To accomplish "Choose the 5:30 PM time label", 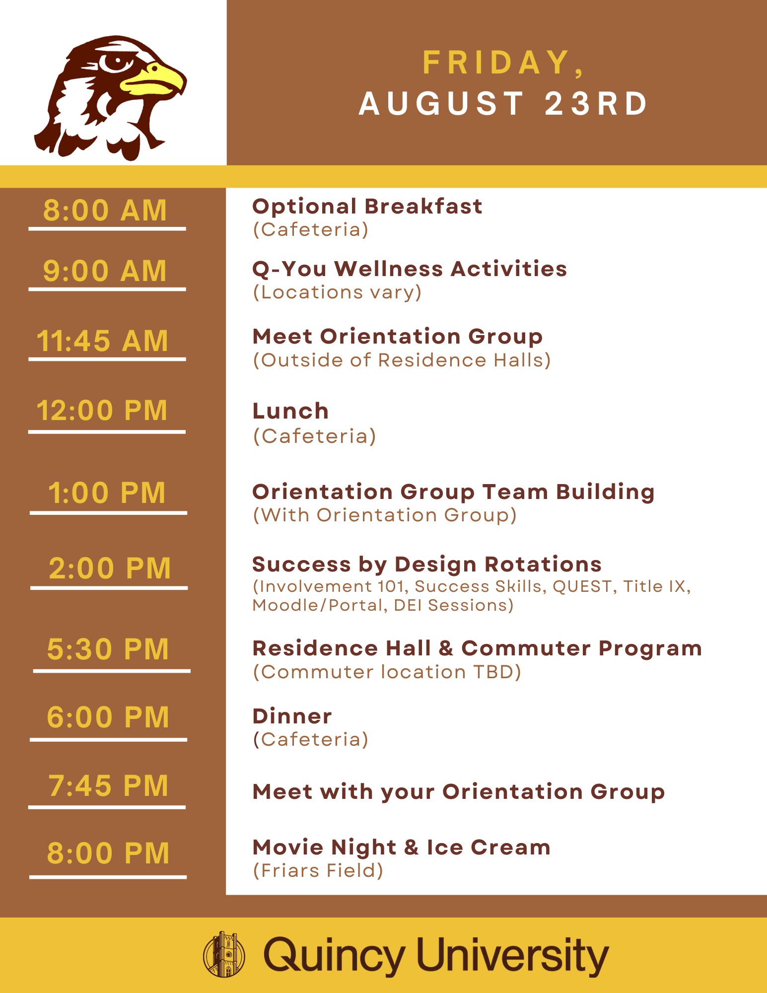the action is click(x=108, y=649).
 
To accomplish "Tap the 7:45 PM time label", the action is click(x=108, y=785).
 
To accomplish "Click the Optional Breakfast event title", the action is click(x=367, y=207).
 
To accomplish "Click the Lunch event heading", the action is click(x=290, y=411).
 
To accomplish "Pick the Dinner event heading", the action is click(x=292, y=716).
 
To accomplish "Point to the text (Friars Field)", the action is click(x=318, y=870).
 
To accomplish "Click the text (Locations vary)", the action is click(x=337, y=292).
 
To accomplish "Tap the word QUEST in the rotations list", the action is click(x=582, y=586).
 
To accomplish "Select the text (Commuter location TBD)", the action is click(x=387, y=672).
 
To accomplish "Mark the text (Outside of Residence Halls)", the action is click(x=402, y=360).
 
